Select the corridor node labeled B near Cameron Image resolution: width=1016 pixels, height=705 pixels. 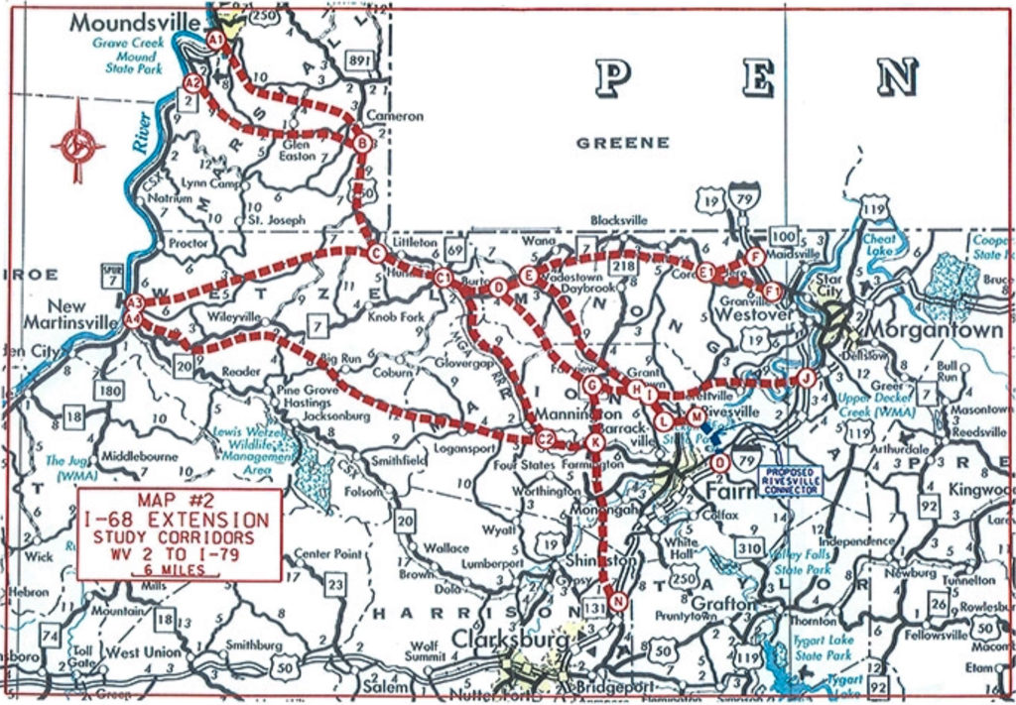point(363,145)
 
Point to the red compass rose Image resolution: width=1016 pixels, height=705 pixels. point(78,145)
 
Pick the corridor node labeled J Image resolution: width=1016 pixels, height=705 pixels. point(806,378)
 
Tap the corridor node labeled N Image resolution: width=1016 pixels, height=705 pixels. point(619,600)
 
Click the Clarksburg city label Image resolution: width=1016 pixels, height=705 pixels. point(512,641)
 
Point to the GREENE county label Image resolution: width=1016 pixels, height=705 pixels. point(623,143)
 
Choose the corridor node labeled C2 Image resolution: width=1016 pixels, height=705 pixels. point(545,439)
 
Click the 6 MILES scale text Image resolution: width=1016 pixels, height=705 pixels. point(179,570)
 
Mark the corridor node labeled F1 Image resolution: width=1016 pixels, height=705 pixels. point(774,291)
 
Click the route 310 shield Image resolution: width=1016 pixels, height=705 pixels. point(750,548)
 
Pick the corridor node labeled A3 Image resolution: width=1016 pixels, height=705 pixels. point(136,302)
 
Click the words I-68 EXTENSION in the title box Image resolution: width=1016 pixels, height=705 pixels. point(180,520)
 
